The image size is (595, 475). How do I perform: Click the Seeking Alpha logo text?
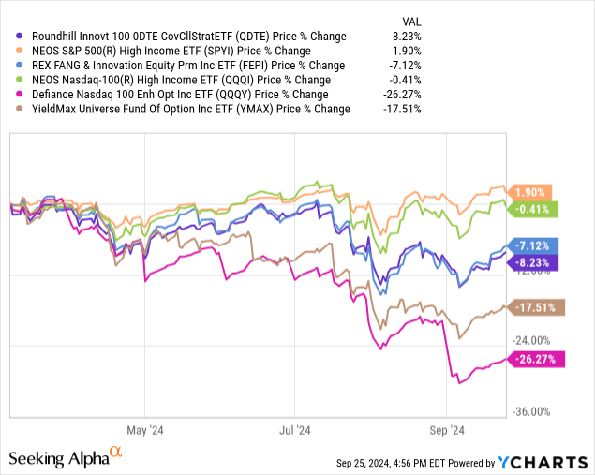[x=58, y=458]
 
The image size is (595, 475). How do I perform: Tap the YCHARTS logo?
[x=539, y=461]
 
